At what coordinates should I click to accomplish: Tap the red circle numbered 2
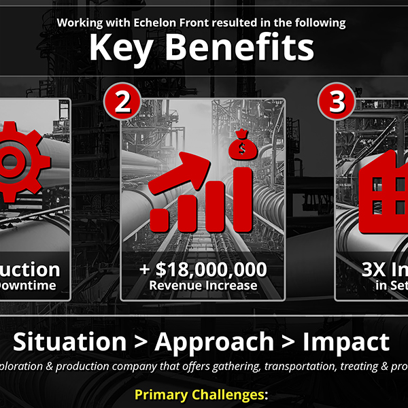tap(122, 102)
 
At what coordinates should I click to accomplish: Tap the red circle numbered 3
tap(337, 102)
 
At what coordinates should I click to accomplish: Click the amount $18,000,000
tap(211, 269)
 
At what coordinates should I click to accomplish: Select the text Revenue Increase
tap(203, 286)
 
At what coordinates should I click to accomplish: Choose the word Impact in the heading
tap(346, 342)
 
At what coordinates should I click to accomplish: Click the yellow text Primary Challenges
tap(202, 394)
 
